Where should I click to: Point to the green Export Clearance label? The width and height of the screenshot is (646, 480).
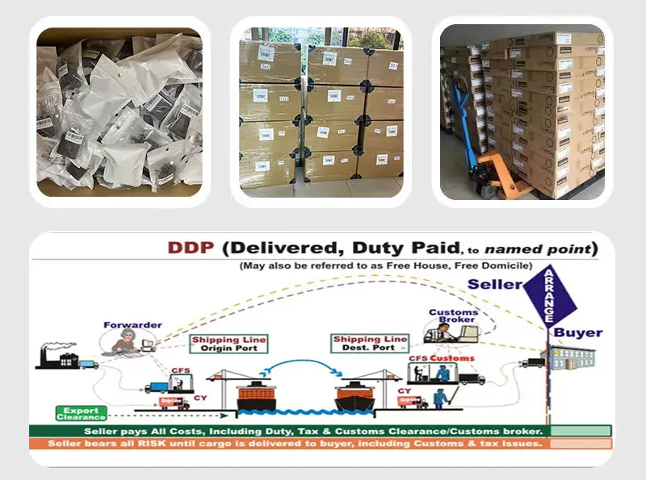[81, 414]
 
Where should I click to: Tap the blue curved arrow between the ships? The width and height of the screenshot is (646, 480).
[307, 366]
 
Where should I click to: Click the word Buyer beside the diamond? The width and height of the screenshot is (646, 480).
[577, 332]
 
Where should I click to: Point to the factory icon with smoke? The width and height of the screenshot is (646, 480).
[57, 354]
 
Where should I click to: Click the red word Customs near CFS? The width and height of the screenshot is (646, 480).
[452, 357]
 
